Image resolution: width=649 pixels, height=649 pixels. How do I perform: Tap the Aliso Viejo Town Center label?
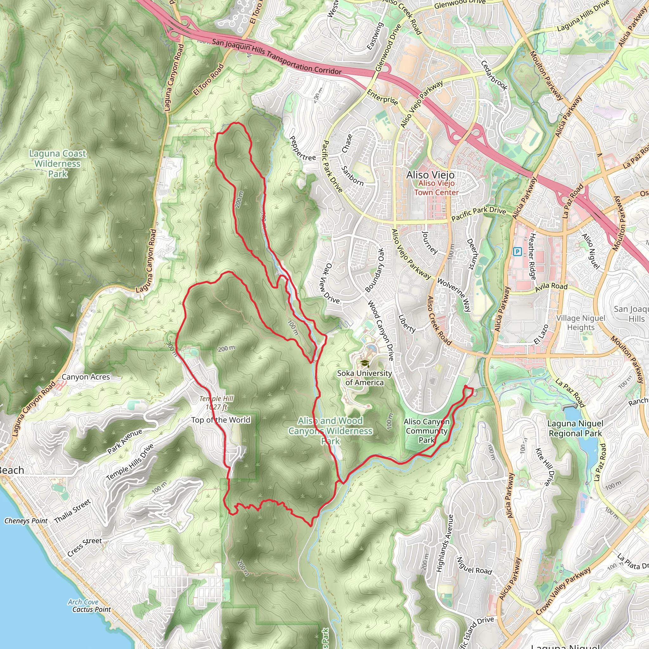point(436,188)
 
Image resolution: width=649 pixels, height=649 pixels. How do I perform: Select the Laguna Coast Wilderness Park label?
point(58,164)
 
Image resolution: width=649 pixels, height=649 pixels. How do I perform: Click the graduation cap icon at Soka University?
point(364,363)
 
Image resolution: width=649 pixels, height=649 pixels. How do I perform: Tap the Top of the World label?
point(221,420)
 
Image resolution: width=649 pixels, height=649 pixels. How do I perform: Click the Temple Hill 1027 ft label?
point(216,403)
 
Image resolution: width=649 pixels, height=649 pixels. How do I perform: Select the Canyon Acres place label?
point(86,377)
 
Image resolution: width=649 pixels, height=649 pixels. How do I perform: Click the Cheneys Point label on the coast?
point(26,521)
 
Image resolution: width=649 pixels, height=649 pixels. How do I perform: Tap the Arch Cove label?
point(83,602)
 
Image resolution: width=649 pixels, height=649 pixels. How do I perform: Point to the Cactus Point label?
point(91,609)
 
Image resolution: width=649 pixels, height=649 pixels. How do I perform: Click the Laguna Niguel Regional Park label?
point(575,429)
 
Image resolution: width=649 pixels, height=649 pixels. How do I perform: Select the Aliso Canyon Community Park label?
point(426,431)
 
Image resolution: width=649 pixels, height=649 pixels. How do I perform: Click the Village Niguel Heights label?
point(581,323)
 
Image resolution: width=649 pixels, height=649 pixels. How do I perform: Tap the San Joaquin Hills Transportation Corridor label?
point(276,57)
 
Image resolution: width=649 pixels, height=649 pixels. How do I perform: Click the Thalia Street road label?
point(73,511)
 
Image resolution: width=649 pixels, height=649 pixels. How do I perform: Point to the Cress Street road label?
point(84,547)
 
